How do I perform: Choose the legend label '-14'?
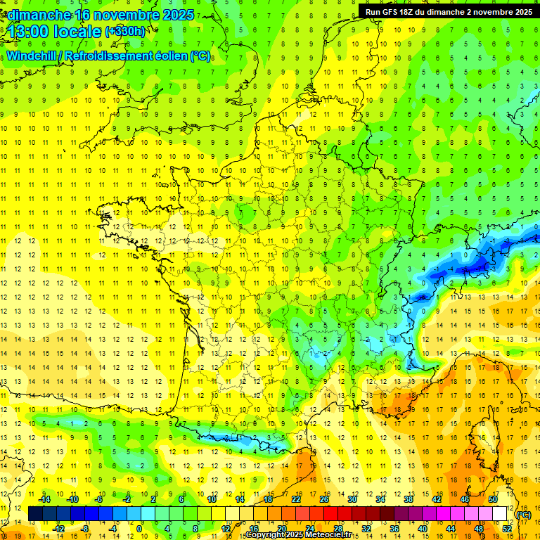tap(45, 499)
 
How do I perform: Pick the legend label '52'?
tap(507, 528)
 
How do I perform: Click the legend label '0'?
tap(140, 528)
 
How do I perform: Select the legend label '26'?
tap(323, 499)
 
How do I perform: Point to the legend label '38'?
tap(408, 499)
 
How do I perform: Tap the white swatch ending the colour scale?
tap(500, 514)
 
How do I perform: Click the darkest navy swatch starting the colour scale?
tap(35, 514)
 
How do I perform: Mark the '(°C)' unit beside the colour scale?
tap(523, 514)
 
